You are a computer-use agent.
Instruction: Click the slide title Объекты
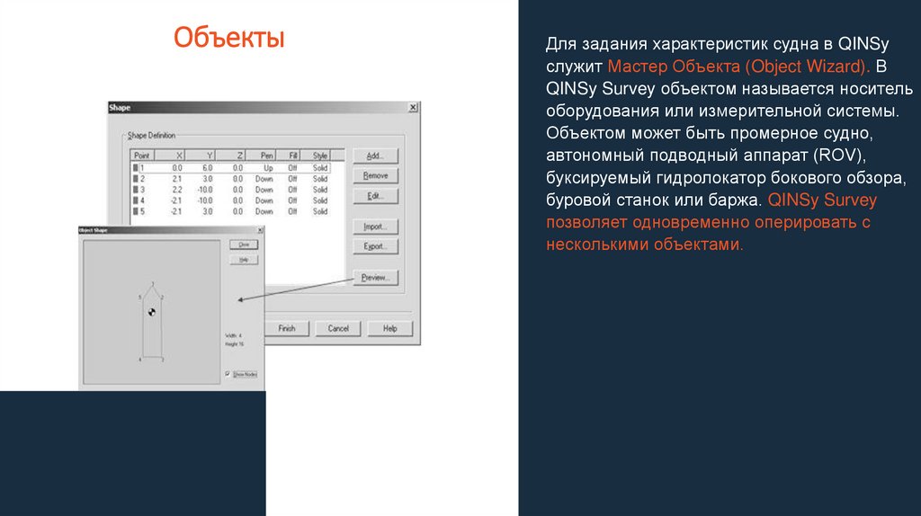click(228, 39)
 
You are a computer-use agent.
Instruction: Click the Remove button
click(375, 176)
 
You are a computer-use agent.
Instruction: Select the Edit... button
click(375, 197)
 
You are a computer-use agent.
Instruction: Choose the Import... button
click(375, 226)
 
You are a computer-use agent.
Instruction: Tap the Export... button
click(375, 246)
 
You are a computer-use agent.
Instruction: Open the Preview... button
click(375, 278)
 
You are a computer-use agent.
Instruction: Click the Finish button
click(287, 328)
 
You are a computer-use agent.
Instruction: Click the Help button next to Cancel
click(389, 328)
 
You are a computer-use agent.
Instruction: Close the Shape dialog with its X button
click(413, 107)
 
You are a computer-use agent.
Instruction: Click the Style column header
click(319, 156)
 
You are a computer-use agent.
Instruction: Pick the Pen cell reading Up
click(267, 167)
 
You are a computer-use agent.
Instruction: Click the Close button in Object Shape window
click(242, 245)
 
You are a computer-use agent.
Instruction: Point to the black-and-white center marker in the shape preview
click(152, 312)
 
